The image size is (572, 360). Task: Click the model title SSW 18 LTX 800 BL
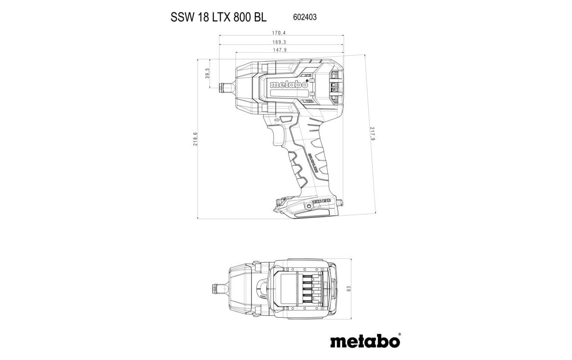(218, 17)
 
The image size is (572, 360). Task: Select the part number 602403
(305, 17)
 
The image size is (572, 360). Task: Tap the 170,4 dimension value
(279, 33)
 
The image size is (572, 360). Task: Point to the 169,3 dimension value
(279, 42)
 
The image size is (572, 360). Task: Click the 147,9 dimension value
(279, 50)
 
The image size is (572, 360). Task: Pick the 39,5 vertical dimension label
(207, 73)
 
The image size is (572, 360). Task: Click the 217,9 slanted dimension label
(373, 133)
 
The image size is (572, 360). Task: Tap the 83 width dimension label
(349, 288)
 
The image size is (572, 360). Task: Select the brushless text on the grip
(314, 161)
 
